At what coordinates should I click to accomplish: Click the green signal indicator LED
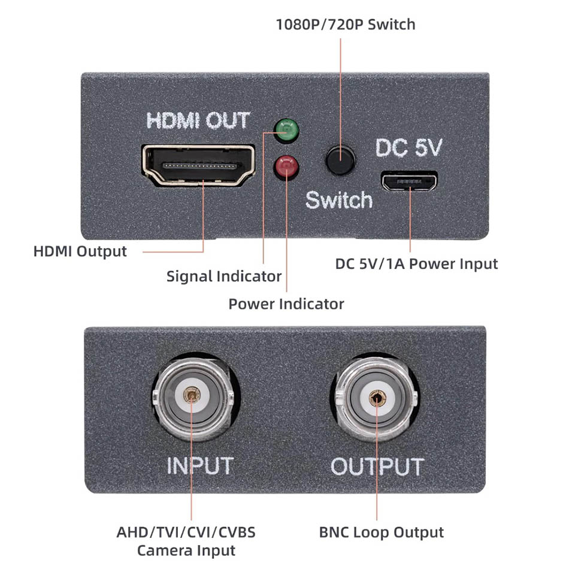[286, 128]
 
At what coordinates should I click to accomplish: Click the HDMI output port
[198, 164]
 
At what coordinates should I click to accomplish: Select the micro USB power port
[410, 181]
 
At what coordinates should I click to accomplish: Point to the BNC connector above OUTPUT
[376, 398]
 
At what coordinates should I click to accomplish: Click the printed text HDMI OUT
[198, 120]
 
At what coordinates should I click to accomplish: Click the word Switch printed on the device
[339, 199]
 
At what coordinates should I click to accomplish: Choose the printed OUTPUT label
[377, 467]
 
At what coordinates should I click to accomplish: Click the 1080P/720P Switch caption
[345, 25]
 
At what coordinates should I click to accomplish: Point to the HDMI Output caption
[80, 251]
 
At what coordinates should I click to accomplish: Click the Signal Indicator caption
[224, 277]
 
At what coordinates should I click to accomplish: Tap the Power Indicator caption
[286, 304]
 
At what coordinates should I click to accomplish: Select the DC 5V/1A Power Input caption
[417, 264]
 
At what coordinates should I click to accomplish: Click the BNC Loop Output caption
[382, 532]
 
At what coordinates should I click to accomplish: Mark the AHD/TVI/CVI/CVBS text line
[186, 532]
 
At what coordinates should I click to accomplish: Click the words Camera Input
[186, 550]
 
